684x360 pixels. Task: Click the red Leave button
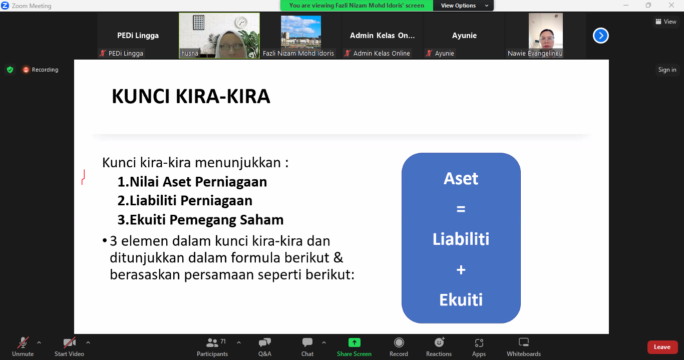click(662, 347)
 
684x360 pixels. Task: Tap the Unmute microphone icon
click(23, 342)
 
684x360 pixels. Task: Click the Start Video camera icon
click(69, 342)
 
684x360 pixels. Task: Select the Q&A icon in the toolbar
click(265, 342)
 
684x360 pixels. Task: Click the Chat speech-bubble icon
click(307, 342)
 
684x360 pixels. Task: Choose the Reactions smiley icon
click(439, 342)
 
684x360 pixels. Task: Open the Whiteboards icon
click(524, 342)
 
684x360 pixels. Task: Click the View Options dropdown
click(463, 6)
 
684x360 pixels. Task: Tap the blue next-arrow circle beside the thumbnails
click(601, 36)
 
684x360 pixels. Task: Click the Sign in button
click(667, 70)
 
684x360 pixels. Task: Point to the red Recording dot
click(26, 70)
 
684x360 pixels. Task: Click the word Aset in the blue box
click(461, 179)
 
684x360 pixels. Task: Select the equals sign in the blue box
click(461, 209)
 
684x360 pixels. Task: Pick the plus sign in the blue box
click(461, 270)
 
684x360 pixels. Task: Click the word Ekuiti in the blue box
click(461, 300)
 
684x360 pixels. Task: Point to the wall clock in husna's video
click(241, 23)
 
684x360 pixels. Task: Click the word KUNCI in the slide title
click(141, 97)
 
